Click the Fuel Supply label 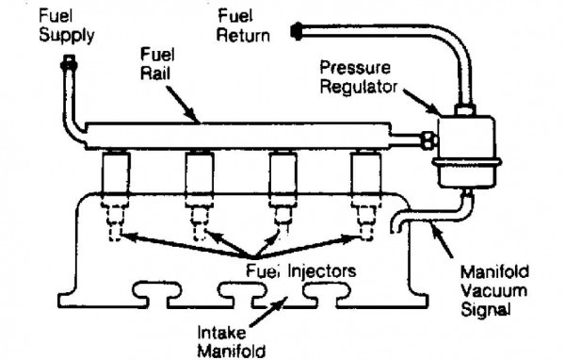pyautogui.click(x=67, y=26)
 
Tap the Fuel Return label pyautogui.click(x=243, y=26)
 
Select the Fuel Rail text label pyautogui.click(x=157, y=64)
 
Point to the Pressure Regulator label pyautogui.click(x=359, y=77)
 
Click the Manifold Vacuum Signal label pyautogui.click(x=494, y=291)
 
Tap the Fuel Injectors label pyautogui.click(x=301, y=270)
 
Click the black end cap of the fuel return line pyautogui.click(x=297, y=31)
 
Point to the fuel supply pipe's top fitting pyautogui.click(x=69, y=63)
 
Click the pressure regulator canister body pyautogui.click(x=466, y=152)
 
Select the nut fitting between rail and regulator pyautogui.click(x=428, y=140)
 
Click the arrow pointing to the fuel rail pyautogui.click(x=183, y=105)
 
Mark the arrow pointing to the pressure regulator pyautogui.click(x=421, y=101)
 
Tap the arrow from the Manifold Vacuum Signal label pyautogui.click(x=442, y=240)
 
